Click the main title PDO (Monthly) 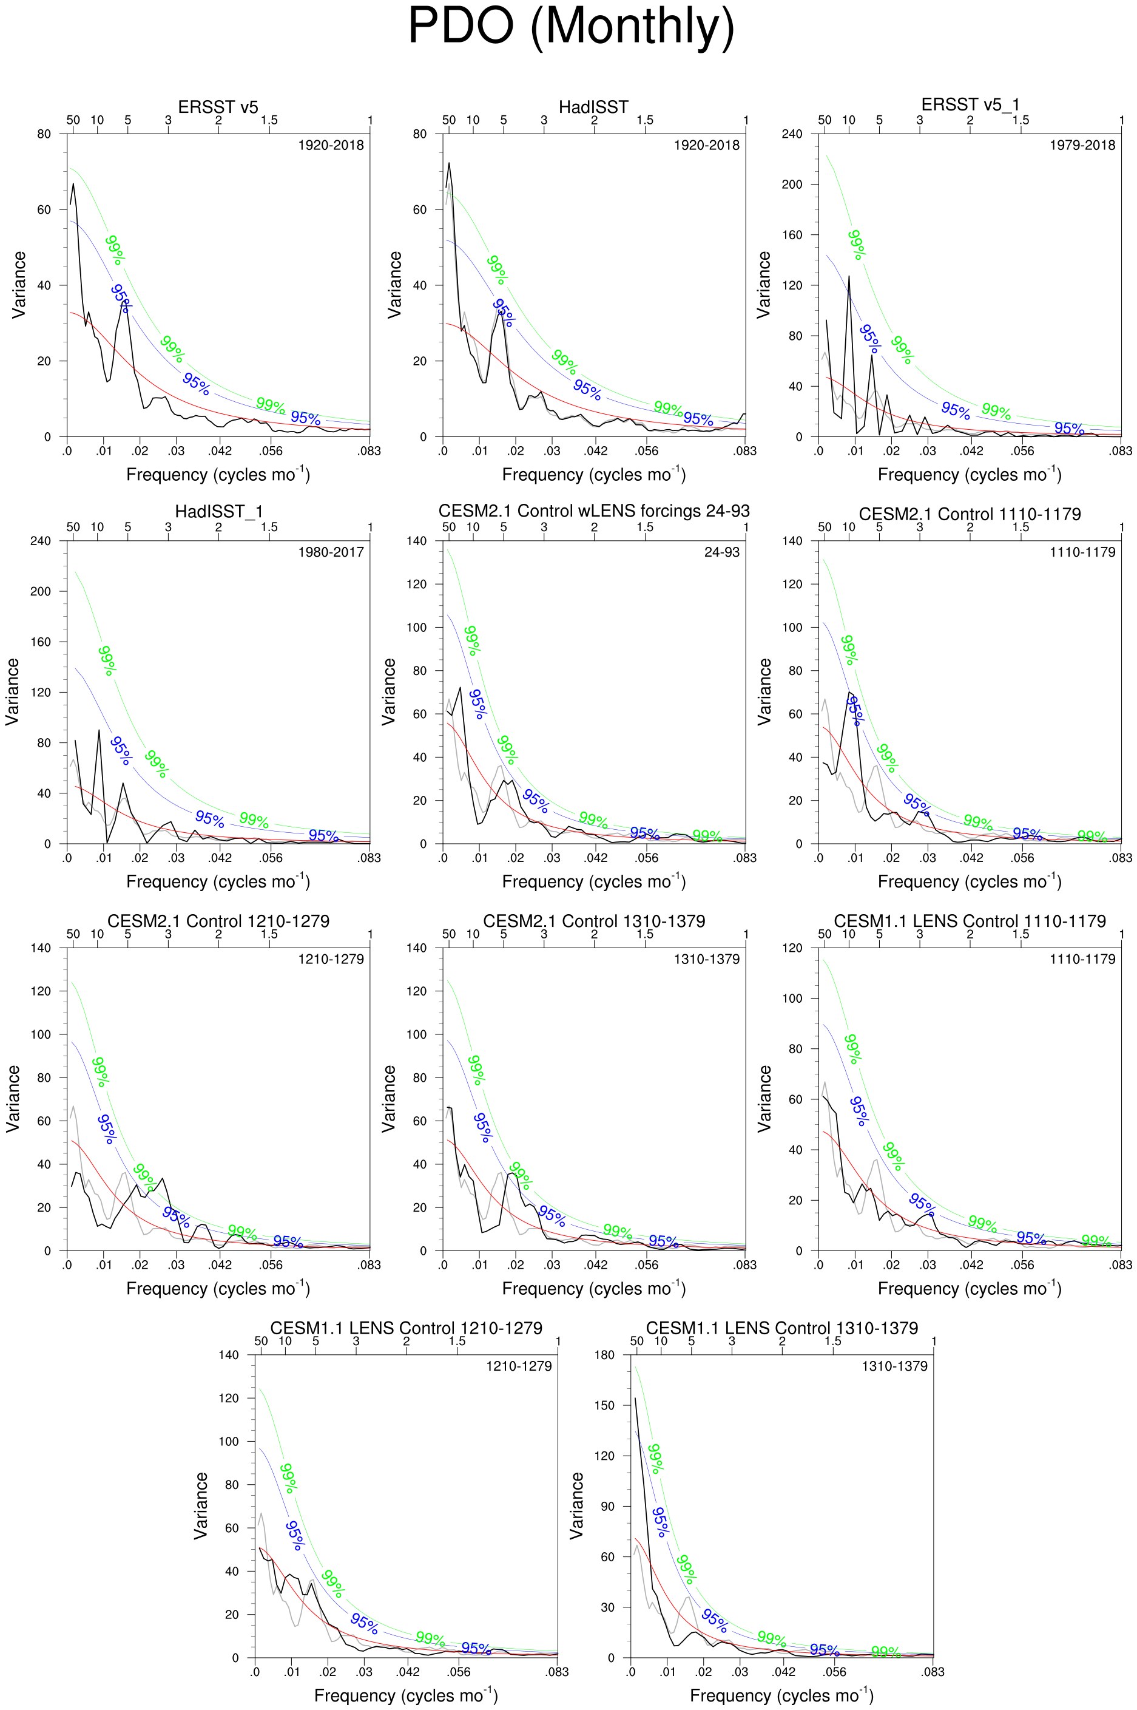click(x=571, y=27)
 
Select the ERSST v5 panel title click(x=218, y=107)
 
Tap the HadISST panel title click(x=593, y=107)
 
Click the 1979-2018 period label click(x=1082, y=145)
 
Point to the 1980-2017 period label click(x=331, y=552)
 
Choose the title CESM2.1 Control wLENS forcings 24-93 click(x=593, y=512)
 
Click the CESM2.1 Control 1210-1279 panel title click(x=218, y=921)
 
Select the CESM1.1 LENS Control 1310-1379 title click(x=781, y=1328)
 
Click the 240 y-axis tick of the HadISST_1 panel click(x=41, y=541)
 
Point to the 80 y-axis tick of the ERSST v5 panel click(x=44, y=134)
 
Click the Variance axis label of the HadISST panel click(x=394, y=285)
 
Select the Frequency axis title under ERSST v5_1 click(x=970, y=475)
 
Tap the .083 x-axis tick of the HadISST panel click(x=744, y=451)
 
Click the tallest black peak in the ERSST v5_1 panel click(x=848, y=276)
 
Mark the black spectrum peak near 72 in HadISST click(x=449, y=163)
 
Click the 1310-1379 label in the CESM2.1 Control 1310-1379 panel click(x=706, y=959)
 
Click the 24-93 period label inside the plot click(x=721, y=552)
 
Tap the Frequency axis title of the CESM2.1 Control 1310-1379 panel click(x=593, y=1289)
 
